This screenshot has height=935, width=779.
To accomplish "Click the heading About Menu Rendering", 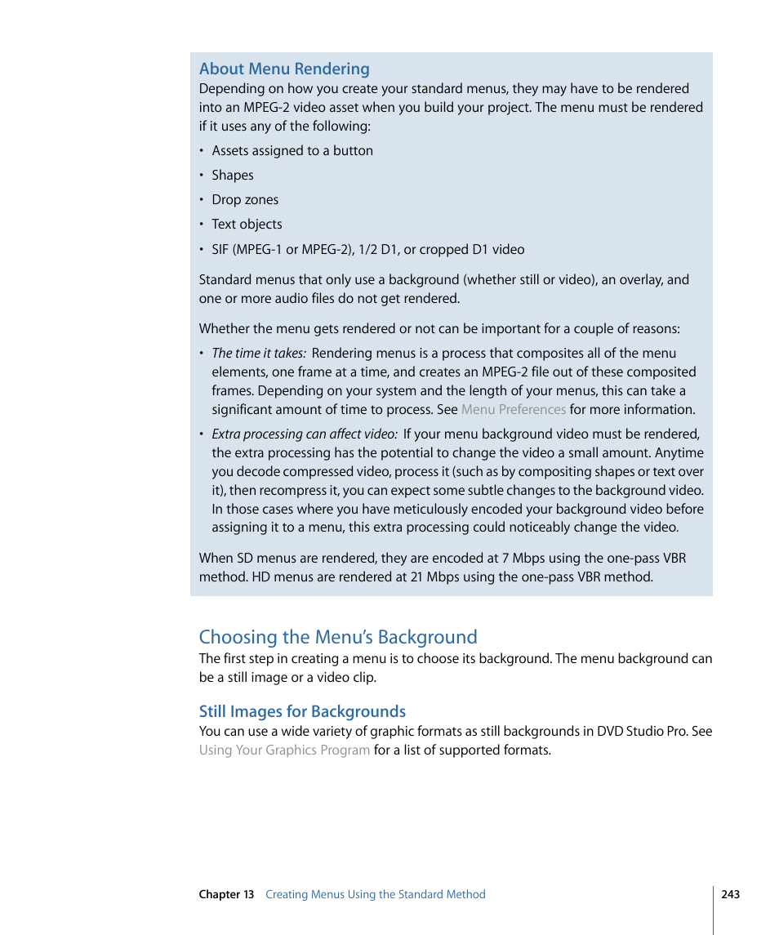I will pos(284,69).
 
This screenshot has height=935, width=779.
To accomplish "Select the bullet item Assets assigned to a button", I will pos(292,151).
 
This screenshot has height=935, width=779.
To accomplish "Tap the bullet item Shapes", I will pos(233,176).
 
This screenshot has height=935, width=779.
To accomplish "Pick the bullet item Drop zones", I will pos(245,200).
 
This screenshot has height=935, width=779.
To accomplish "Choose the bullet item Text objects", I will pos(247,225).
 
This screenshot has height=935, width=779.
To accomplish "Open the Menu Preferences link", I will pos(514,410).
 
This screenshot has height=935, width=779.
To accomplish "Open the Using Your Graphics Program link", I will pos(284,750).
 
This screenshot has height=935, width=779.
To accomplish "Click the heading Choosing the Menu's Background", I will pos(338,637).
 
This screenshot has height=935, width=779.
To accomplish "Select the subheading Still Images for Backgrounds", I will pos(302,711).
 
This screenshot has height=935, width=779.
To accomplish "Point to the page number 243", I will pos(731,895).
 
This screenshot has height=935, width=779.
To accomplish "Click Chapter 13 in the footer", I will pos(226,895).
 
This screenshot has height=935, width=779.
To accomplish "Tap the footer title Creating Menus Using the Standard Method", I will pos(376,895).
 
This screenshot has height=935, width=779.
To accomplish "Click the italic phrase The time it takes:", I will pos(259,354).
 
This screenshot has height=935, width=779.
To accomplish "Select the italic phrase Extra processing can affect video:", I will pos(305,434).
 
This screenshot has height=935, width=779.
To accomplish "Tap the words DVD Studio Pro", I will pos(642,732).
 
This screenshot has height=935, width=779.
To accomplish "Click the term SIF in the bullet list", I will pos(221,250).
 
